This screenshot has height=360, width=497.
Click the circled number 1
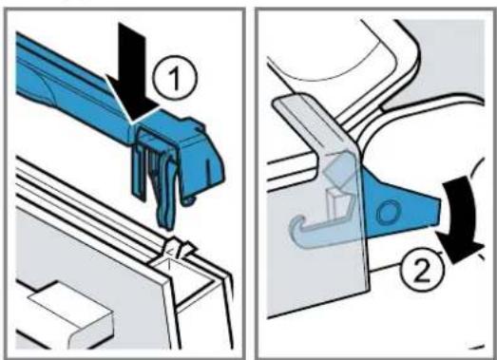pos(175,78)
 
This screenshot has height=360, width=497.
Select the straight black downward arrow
pos(132,73)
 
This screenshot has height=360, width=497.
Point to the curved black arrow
pos(460,218)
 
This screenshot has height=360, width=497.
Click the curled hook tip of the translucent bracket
pos(296,232)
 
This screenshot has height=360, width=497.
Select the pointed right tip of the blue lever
pos(439,209)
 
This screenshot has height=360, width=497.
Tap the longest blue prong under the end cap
pos(166,194)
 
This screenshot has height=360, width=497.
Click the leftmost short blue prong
pos(139,173)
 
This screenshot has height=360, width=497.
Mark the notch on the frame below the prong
pos(175,251)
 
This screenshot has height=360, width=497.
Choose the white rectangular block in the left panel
pos(71,313)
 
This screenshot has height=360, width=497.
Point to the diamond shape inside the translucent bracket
pos(338,169)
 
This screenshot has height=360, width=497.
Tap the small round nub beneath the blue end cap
pos(191,200)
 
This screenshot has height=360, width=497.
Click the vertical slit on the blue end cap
pos(208,173)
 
